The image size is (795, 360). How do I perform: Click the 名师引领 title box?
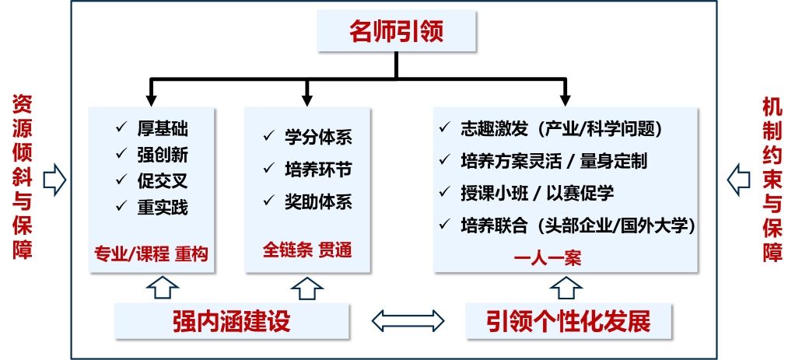(396, 33)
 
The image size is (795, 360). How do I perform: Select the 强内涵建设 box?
(231, 320)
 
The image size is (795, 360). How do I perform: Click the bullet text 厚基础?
(163, 129)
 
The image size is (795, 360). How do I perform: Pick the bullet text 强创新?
(163, 155)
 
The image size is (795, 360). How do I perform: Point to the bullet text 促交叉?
(163, 181)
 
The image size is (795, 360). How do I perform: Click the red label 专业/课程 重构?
(151, 253)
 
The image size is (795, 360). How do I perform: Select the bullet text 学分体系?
(318, 138)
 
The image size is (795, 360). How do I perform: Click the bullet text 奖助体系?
(318, 202)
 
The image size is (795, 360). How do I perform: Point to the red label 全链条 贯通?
(307, 250)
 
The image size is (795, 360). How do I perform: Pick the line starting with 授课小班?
(537, 192)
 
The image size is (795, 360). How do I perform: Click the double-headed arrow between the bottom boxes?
(408, 320)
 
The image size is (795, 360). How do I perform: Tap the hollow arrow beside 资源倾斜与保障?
(54, 180)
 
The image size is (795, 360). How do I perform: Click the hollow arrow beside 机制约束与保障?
(737, 180)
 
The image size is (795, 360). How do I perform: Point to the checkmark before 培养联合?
(445, 224)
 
